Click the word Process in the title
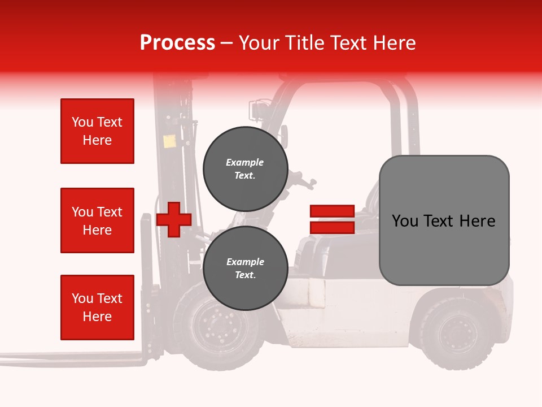coord(177,43)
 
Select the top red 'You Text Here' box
coord(97,131)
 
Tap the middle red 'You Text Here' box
coord(97,220)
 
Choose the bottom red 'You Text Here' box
coord(97,308)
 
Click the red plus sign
coord(174,219)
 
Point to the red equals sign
coord(332,219)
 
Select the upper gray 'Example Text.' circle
coord(245,168)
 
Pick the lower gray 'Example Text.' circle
coord(245,268)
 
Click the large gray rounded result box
coord(444,220)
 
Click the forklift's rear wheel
coord(455,334)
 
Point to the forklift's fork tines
coord(73,357)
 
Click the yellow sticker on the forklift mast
coord(169,141)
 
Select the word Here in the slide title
coord(395,43)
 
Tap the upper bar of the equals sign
coord(332,211)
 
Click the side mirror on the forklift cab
coord(284,136)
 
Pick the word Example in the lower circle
coord(245,262)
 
